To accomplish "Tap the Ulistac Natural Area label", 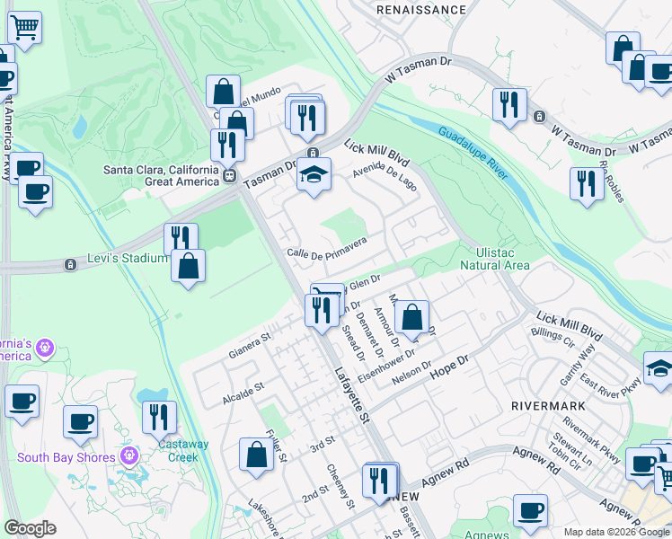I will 494,259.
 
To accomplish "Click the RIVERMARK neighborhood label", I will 547,406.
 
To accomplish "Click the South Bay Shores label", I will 66,457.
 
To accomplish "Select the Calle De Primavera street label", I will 327,249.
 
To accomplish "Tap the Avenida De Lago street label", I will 385,171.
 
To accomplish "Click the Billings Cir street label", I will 553,333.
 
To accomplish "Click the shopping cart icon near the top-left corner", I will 24,28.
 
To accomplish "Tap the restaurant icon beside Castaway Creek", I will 159,418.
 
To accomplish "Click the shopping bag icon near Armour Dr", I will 411,317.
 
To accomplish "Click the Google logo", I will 30,528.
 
